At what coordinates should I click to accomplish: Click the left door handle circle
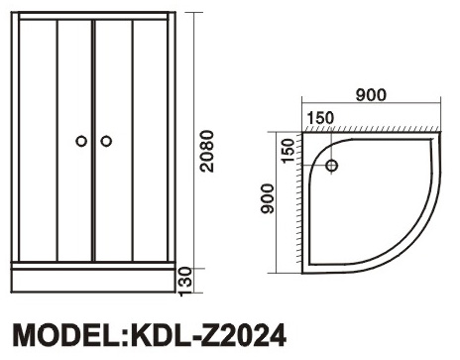[x=81, y=141]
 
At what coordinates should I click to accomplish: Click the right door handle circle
[x=106, y=141]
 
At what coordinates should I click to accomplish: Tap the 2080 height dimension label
[x=207, y=151]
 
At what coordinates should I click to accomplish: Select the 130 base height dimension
[x=185, y=282]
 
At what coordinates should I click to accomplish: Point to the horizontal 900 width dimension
[x=371, y=95]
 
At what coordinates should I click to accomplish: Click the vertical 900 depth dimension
[x=268, y=198]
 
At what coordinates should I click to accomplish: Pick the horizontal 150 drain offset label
[x=320, y=118]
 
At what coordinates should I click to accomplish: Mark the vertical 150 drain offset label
[x=287, y=151]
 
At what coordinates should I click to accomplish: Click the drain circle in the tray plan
[x=332, y=166]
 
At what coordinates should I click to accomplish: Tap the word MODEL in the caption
[x=67, y=335]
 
